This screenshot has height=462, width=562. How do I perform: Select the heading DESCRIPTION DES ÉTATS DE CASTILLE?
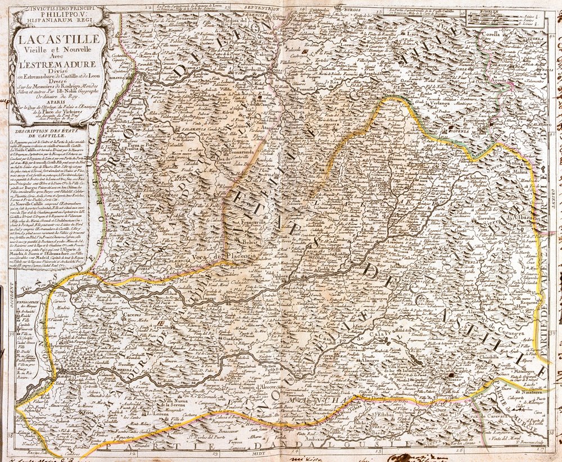click(x=48, y=133)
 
